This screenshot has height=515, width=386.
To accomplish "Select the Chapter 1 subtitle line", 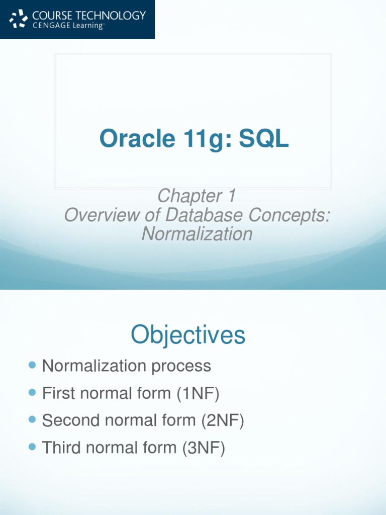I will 197,196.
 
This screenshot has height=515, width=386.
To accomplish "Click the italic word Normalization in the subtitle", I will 197,234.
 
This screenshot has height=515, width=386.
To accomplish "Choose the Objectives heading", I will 188,335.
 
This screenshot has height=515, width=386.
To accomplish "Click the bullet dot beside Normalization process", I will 33,365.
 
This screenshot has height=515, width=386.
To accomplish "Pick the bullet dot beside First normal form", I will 33,392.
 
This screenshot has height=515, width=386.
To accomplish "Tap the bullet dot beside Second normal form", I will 33,419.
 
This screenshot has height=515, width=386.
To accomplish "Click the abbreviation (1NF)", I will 198,393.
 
